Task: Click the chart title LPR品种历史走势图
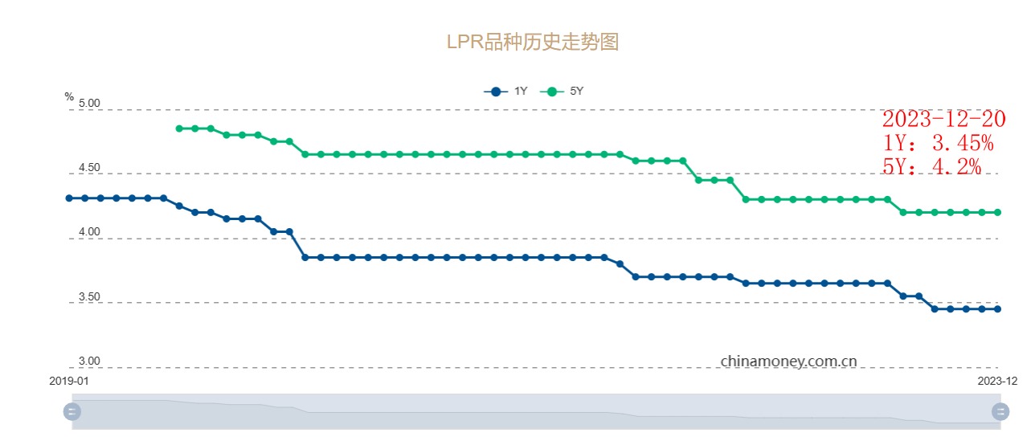pyautogui.click(x=532, y=42)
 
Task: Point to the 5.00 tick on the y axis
pyautogui.click(x=89, y=104)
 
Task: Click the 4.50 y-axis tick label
pyautogui.click(x=89, y=169)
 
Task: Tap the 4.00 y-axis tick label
pyautogui.click(x=89, y=233)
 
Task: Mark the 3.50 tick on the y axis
pyautogui.click(x=89, y=297)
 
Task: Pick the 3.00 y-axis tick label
pyautogui.click(x=89, y=362)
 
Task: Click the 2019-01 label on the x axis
pyautogui.click(x=69, y=381)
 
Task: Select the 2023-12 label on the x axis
pyautogui.click(x=998, y=381)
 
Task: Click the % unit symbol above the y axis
pyautogui.click(x=69, y=96)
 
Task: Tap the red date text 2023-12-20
pyautogui.click(x=943, y=119)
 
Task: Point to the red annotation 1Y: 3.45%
pyautogui.click(x=938, y=143)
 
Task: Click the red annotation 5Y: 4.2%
pyautogui.click(x=931, y=166)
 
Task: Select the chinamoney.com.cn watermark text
pyautogui.click(x=788, y=361)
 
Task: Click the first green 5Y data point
pyautogui.click(x=179, y=129)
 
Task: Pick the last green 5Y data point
pyautogui.click(x=998, y=212)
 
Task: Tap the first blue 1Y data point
pyautogui.click(x=69, y=198)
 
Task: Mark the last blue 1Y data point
pyautogui.click(x=998, y=308)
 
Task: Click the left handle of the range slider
pyautogui.click(x=72, y=412)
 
